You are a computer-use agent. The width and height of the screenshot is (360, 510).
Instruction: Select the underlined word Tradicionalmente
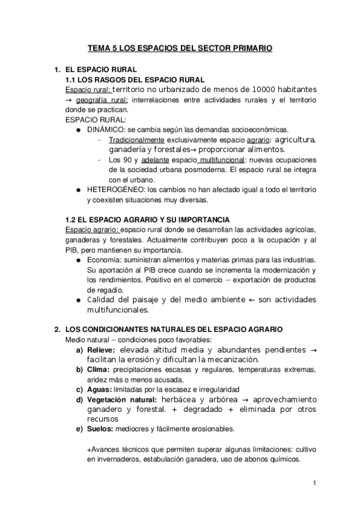(x=133, y=140)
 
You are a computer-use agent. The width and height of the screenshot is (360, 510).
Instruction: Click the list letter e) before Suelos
(x=79, y=429)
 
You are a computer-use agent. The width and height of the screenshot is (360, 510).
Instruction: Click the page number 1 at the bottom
(x=314, y=483)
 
